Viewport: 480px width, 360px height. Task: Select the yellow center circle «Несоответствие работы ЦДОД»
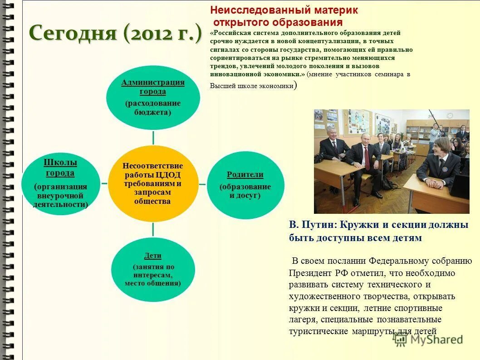153,184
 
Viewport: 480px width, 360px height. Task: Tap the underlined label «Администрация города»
153,87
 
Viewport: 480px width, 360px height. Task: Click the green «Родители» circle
245,185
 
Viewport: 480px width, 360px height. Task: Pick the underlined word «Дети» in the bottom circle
153,256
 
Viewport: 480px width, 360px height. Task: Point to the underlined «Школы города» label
60,168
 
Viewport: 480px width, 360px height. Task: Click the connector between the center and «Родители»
202,184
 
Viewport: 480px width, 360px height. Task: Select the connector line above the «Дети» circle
153,229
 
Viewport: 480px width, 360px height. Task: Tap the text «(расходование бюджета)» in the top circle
153,108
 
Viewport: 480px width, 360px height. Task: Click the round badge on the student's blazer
445,169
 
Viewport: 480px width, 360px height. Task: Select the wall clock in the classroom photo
450,115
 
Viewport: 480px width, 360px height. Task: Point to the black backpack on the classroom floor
389,182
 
